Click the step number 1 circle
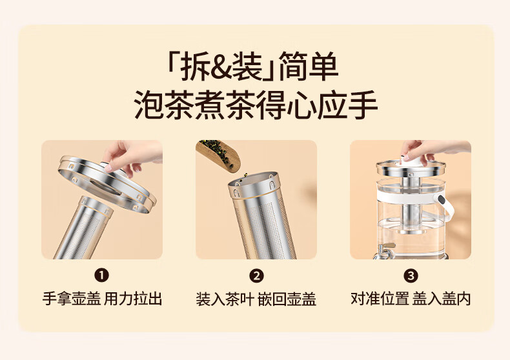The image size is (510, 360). tap(101, 276)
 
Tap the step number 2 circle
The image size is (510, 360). tap(256, 276)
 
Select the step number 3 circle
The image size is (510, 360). tap(411, 276)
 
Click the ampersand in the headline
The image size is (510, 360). tap(225, 67)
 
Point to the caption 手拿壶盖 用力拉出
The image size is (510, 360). tap(102, 299)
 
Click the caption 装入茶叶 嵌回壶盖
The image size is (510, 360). tap(256, 299)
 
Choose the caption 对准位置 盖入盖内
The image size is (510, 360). tap(411, 299)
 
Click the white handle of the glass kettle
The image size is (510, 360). tap(445, 205)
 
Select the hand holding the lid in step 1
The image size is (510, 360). tap(133, 155)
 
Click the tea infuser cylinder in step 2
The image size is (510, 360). tap(260, 216)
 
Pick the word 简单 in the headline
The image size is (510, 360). tap(309, 67)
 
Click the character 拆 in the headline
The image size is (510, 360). tap(195, 67)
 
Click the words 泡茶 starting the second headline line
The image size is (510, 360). tap(164, 105)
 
